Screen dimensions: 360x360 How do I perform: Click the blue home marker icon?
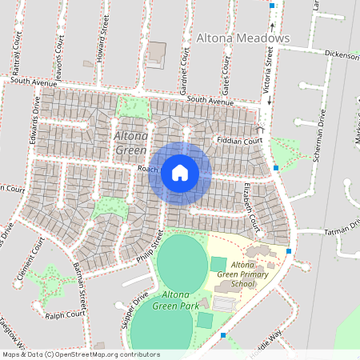point(180,172)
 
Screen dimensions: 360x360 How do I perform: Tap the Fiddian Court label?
point(240,141)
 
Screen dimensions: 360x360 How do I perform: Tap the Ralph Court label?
point(65,314)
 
